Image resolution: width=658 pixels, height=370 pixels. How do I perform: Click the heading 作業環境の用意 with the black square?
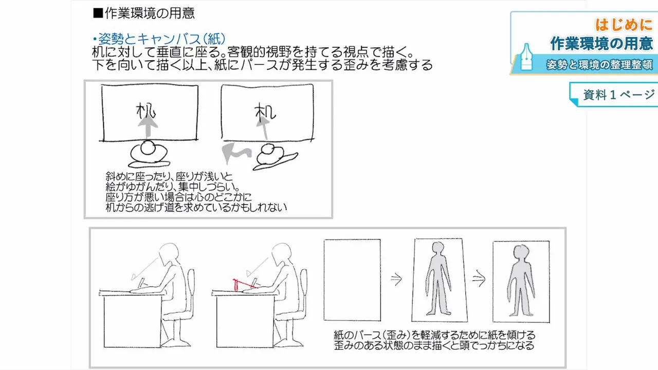pos(143,13)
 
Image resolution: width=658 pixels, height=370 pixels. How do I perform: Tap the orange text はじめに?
pos(623,24)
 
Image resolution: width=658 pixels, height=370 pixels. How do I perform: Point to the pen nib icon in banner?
pos(527,57)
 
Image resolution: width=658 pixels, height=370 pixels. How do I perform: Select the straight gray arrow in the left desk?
pos(149,126)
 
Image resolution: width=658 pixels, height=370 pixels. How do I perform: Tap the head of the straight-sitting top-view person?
pos(148,147)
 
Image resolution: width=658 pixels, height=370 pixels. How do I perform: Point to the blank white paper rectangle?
pos(352,280)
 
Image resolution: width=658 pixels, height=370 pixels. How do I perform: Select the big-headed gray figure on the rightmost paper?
pos(521,281)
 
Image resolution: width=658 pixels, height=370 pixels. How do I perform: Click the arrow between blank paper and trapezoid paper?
pos(396,280)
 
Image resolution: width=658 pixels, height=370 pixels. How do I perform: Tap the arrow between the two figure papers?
pos(479,280)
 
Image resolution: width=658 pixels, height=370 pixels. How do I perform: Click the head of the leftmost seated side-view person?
pos(169,255)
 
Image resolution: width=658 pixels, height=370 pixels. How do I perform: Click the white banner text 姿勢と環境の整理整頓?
pos(599,65)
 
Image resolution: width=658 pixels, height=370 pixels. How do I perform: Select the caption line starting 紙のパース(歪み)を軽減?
pos(434,336)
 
